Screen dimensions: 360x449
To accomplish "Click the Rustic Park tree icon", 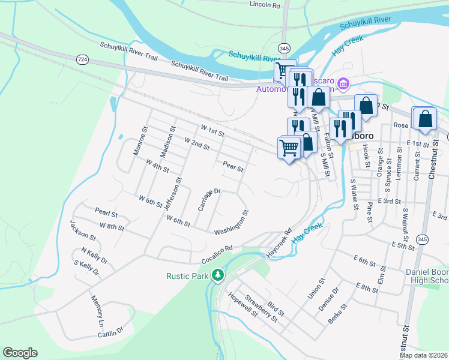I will point(218,275).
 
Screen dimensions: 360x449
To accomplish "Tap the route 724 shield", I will point(82,59).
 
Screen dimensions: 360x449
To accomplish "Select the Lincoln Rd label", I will point(265,5).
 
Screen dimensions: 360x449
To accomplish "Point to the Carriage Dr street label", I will point(210,200).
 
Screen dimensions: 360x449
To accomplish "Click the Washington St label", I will point(232,223).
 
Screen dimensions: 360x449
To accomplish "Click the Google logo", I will point(20,353).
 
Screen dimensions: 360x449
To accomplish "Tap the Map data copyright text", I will point(423,355).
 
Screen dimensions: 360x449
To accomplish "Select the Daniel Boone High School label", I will point(427,276).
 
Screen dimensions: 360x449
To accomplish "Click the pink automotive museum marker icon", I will point(343,83).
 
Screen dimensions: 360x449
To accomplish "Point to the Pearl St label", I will point(106,212).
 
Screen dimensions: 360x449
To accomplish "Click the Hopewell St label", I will point(243,305).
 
